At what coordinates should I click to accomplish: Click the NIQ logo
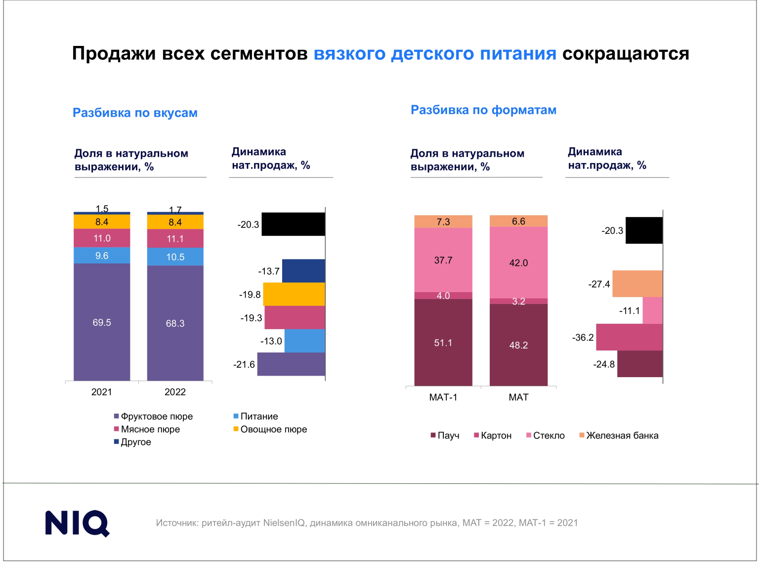tap(77, 523)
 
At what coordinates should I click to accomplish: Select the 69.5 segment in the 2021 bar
tap(102, 322)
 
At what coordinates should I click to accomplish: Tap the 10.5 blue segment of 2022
tap(175, 257)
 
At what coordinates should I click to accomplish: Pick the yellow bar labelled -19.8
tap(294, 294)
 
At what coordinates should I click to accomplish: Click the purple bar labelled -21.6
tap(291, 364)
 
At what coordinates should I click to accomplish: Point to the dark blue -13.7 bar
tap(303, 271)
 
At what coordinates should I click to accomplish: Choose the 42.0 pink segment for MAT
tap(518, 262)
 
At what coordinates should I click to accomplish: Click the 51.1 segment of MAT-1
tap(443, 342)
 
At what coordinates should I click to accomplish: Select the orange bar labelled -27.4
tap(637, 284)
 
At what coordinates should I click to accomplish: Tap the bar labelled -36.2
tap(629, 337)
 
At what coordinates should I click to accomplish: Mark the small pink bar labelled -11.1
tap(652, 310)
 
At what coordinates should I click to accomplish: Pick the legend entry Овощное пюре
tap(273, 429)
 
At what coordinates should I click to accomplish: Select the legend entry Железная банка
tap(622, 435)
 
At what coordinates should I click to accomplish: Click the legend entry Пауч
tap(448, 435)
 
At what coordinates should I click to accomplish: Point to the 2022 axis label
tap(175, 392)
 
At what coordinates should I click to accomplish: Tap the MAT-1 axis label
tap(443, 397)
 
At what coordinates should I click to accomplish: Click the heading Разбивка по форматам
tap(483, 110)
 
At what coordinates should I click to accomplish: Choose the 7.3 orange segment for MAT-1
tap(443, 221)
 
